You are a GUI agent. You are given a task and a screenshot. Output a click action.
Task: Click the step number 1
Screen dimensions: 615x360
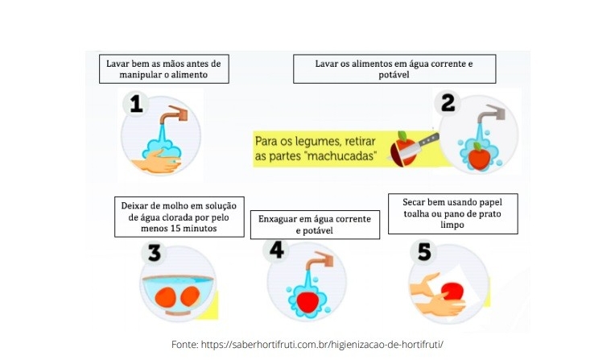pos(136,105)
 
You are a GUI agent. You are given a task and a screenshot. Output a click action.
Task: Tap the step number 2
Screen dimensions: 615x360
pos(448,102)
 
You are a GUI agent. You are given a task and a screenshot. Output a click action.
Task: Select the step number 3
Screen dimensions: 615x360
pos(154,253)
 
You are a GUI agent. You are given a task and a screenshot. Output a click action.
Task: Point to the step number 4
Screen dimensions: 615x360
pos(277,250)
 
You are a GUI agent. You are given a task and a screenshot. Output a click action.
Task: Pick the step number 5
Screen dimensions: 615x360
pos(424,251)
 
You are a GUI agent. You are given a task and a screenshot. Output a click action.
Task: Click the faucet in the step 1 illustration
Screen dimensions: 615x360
pos(172,114)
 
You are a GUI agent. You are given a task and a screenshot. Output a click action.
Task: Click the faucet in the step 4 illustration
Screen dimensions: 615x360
pos(319,261)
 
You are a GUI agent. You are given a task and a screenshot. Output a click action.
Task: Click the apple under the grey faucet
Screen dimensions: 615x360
pos(479,156)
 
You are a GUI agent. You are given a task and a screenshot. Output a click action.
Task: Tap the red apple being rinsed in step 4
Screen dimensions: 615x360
pos(307,301)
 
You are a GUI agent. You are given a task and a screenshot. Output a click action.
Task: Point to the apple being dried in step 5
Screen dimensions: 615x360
pos(452,291)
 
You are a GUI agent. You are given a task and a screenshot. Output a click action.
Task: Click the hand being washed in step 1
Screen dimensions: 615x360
pos(156,161)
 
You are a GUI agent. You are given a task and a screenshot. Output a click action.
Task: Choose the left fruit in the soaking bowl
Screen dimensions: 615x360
pos(165,297)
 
